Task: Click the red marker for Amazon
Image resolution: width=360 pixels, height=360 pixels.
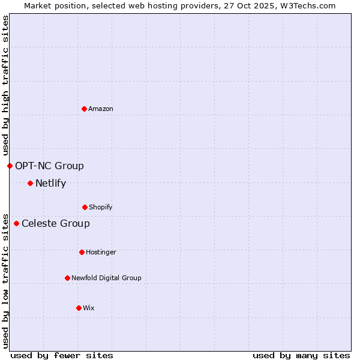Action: [84, 109]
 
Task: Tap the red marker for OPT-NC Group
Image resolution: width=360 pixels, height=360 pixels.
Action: [10, 166]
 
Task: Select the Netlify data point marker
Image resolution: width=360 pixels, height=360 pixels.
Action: [30, 183]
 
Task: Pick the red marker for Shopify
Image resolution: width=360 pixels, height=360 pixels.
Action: [85, 207]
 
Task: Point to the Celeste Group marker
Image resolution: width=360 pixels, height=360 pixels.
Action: [16, 223]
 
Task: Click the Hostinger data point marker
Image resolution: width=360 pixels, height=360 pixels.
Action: [82, 252]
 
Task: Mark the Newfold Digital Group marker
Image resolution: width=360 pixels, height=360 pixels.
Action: [67, 278]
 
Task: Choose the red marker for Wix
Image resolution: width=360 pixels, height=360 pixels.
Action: [79, 308]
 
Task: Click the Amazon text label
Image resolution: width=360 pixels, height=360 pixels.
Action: [101, 109]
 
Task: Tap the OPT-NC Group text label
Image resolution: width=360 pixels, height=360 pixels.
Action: [49, 166]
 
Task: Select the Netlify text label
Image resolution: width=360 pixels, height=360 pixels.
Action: [50, 183]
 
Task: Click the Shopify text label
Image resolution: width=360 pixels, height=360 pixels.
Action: [101, 207]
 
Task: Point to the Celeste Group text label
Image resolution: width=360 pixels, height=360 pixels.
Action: [56, 223]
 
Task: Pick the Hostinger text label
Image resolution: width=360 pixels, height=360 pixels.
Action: [101, 252]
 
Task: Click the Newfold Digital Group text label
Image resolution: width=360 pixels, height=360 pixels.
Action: [106, 278]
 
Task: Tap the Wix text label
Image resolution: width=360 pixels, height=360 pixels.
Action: [89, 308]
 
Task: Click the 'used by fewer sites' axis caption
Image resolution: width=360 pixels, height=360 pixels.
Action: [62, 355]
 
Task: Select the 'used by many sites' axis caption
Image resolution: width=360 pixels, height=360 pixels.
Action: [301, 355]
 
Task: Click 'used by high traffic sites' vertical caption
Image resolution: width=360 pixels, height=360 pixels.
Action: [5, 85]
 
